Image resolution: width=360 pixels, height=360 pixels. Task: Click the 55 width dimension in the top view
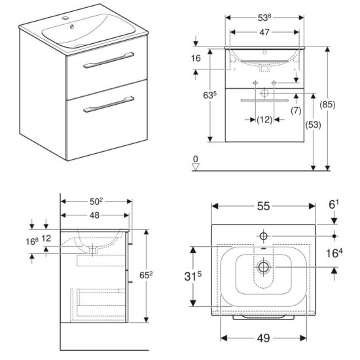coord(263,206)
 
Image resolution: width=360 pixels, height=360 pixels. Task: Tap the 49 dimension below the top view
coord(263,338)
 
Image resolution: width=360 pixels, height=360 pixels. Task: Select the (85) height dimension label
coord(327,105)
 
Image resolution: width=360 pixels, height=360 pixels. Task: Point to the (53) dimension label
coord(313,124)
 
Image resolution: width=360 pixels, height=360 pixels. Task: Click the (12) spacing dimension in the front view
coord(264,120)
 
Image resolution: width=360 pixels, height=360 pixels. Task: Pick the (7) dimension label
coord(296,111)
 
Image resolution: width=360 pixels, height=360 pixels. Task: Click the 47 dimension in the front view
coord(264,32)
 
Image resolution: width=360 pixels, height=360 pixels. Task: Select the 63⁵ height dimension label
coord(210,95)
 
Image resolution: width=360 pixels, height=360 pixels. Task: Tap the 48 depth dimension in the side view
coord(94,215)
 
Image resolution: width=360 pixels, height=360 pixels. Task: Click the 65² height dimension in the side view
coord(146,275)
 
